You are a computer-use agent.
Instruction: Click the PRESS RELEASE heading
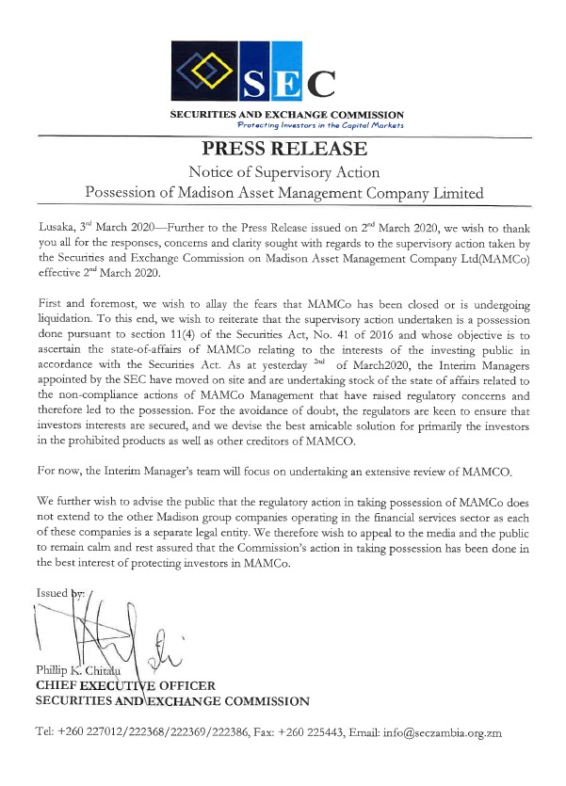pos(283,150)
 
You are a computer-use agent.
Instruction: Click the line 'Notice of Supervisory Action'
pos(283,172)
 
